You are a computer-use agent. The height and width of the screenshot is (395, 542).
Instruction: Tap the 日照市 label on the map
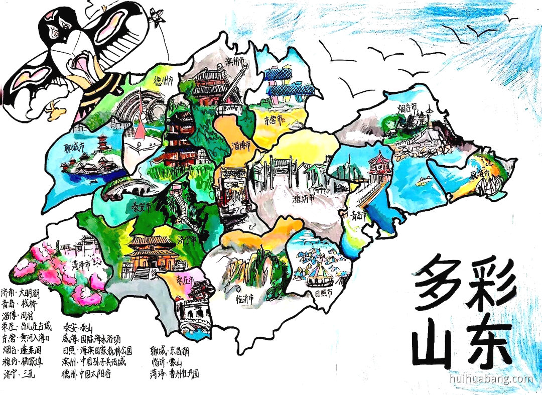(x=321, y=293)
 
